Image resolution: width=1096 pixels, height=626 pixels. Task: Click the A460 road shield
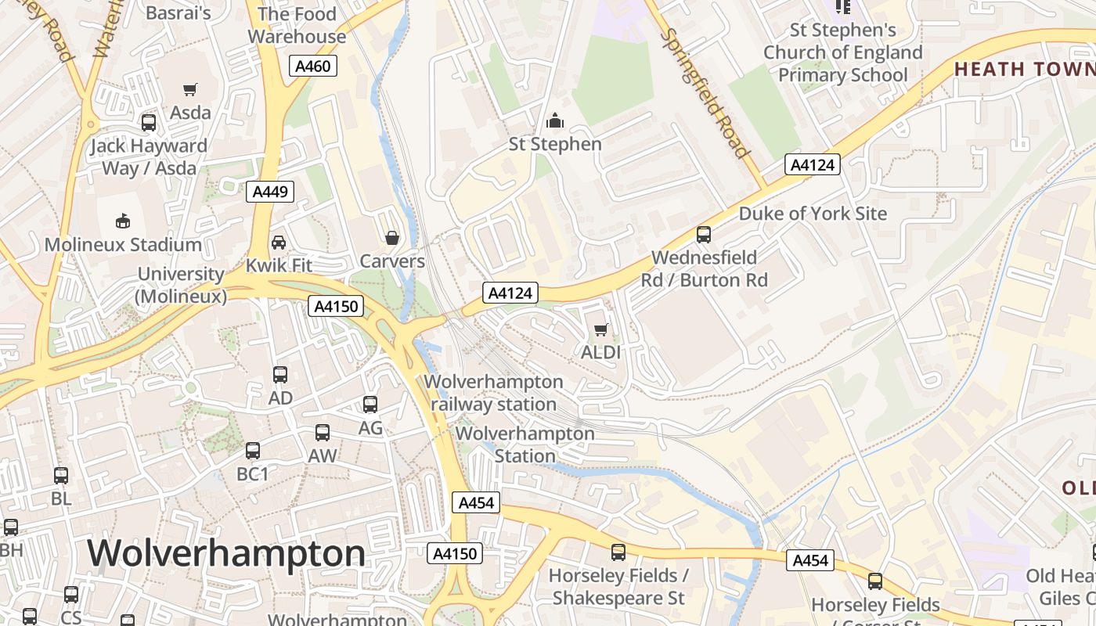coord(313,66)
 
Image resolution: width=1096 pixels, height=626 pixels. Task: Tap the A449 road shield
coord(270,192)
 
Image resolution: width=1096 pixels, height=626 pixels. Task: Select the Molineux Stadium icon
coord(123,221)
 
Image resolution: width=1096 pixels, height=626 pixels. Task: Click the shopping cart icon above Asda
coord(190,89)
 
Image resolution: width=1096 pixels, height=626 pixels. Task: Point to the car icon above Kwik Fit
coord(279,243)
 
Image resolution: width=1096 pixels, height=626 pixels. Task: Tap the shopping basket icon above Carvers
coord(391,238)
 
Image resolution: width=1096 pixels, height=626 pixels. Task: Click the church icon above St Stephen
coord(555,121)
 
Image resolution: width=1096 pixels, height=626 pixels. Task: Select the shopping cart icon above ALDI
coord(600,329)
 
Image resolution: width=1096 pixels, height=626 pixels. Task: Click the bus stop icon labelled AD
coord(280,375)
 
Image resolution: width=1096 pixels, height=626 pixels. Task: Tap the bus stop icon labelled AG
coord(370,405)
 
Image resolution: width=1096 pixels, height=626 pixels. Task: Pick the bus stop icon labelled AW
coord(322,433)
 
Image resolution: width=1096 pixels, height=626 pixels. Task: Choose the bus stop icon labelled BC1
coord(252,451)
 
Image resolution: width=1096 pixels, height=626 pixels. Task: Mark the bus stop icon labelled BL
coord(61,475)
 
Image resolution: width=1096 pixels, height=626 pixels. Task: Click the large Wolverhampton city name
coord(226,553)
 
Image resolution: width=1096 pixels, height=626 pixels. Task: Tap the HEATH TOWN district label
coord(1024,69)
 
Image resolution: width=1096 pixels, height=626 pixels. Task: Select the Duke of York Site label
coord(813,214)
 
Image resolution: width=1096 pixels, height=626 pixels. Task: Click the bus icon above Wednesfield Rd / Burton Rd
coord(704,235)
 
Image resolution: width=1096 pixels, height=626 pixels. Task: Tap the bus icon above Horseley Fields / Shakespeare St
coord(618,552)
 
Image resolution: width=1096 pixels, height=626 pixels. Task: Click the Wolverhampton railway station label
coord(493,393)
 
